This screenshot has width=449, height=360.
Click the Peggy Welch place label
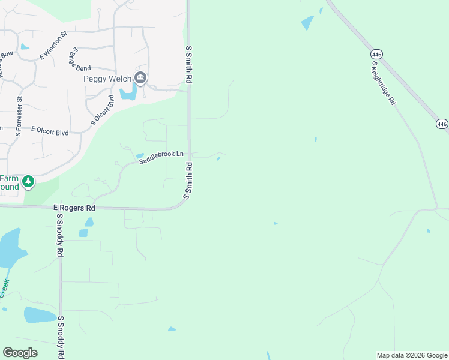[106, 79]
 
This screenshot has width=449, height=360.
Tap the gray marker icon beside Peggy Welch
[140, 77]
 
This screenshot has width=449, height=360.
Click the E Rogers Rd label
[74, 208]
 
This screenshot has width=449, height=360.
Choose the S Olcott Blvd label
[102, 110]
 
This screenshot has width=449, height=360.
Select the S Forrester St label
[19, 116]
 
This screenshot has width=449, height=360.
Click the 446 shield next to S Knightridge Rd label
[376, 53]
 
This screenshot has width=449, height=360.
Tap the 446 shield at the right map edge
[442, 124]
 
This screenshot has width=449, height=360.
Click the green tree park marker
[28, 181]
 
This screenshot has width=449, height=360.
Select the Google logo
[20, 353]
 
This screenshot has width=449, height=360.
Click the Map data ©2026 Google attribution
[412, 355]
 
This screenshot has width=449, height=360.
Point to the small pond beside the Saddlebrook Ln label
[140, 156]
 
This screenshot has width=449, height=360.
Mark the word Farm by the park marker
[9, 178]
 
